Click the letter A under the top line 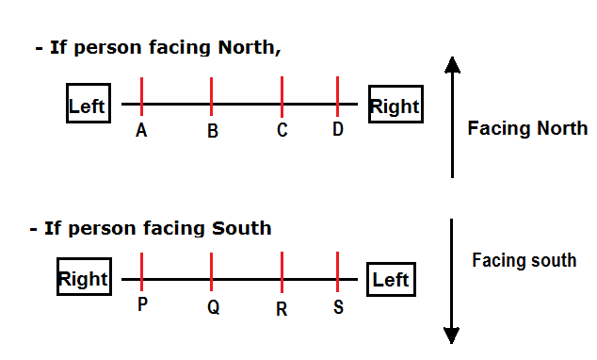(141, 131)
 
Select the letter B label (213, 132)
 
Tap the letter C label (282, 131)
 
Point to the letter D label (338, 130)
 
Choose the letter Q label (214, 307)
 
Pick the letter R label (282, 308)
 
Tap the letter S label (338, 306)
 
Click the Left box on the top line (87, 106)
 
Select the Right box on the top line (395, 105)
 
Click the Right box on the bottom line (83, 279)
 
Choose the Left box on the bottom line (390, 280)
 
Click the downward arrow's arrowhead (453, 335)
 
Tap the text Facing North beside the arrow (527, 128)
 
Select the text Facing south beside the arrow (524, 259)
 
